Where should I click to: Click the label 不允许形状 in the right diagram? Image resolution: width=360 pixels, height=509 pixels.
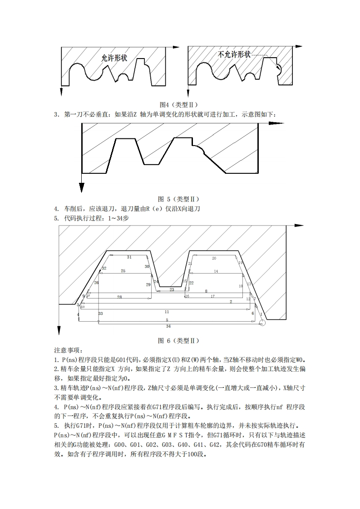click(x=235, y=54)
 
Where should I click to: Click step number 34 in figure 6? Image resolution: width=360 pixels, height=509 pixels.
click(x=168, y=326)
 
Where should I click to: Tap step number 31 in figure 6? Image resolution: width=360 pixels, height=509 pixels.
click(x=129, y=257)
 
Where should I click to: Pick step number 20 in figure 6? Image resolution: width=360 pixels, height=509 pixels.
click(x=214, y=258)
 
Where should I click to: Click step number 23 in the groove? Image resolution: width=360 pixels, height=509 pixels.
click(x=172, y=289)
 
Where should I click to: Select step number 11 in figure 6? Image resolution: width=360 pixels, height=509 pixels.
click(x=167, y=312)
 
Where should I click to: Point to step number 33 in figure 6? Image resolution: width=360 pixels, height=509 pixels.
click(x=100, y=313)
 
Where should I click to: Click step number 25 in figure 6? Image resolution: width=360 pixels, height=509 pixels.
click(x=123, y=271)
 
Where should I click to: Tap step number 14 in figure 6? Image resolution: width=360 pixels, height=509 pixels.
click(x=216, y=271)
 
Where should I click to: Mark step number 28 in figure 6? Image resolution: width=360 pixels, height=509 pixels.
click(x=119, y=297)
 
